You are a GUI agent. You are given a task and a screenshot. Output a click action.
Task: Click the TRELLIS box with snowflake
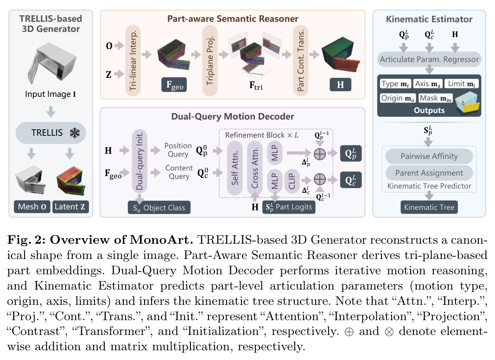coord(51,133)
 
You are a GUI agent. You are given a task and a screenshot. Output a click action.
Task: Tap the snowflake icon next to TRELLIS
coord(75,133)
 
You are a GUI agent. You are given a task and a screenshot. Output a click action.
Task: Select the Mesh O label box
coord(32,207)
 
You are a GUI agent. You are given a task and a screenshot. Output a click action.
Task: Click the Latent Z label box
coord(70,207)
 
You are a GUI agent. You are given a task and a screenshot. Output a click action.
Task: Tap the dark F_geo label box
coord(174,85)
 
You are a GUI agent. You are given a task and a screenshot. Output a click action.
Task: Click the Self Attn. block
coord(235,168)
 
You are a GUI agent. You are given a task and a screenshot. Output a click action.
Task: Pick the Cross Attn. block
coord(254,168)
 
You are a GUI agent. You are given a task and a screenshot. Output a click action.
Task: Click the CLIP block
coord(292,181)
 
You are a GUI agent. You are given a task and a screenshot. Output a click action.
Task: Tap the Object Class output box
coord(159,208)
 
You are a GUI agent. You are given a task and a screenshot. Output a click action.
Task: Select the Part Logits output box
coord(289,207)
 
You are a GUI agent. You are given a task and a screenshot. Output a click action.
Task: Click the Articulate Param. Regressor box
coord(429,59)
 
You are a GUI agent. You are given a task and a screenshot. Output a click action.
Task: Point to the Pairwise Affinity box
coord(429,156)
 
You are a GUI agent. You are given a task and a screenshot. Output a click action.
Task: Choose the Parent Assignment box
coord(429,173)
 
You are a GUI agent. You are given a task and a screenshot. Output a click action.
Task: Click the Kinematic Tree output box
coord(429,207)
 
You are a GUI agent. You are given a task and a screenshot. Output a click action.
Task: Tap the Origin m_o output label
coord(398,98)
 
